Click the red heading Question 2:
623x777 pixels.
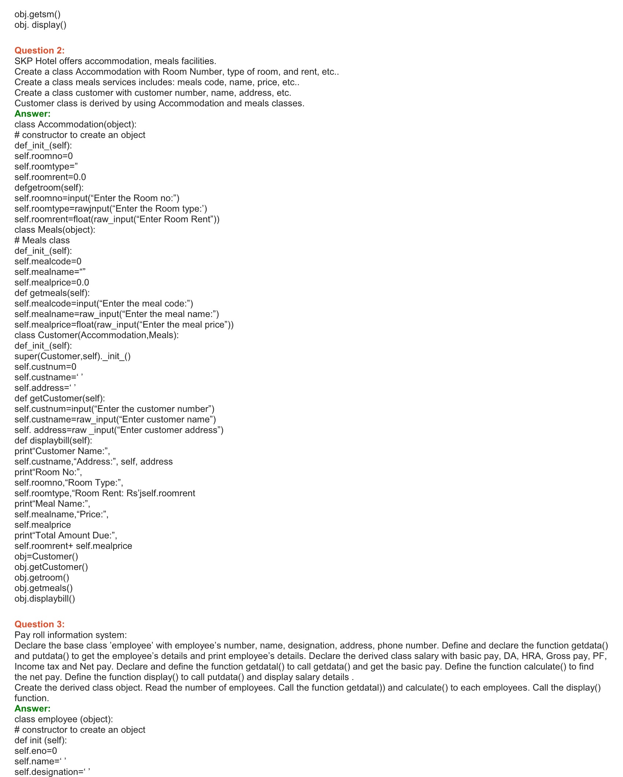point(40,51)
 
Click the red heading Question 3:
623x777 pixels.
point(40,624)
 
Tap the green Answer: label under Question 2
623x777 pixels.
point(33,114)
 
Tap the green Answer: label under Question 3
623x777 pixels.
point(33,708)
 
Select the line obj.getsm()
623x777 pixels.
point(37,14)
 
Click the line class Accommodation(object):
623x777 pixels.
point(75,124)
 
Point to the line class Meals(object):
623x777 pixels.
point(55,230)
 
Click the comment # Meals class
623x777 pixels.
point(42,240)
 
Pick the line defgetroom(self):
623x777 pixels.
point(49,188)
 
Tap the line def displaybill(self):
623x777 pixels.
point(54,440)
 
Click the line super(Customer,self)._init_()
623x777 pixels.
point(73,356)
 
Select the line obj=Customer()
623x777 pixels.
point(47,556)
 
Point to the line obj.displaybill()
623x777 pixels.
point(45,599)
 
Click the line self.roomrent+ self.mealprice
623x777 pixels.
point(73,546)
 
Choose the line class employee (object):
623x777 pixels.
point(64,719)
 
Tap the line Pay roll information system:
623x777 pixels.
point(71,635)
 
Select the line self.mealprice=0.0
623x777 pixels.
point(52,283)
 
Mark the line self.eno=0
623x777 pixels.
point(36,751)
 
